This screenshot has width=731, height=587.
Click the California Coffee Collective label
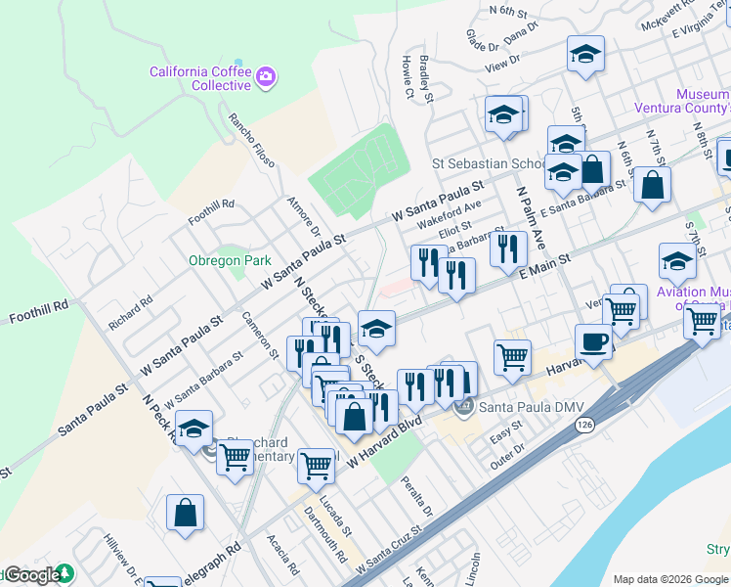[x=200, y=78]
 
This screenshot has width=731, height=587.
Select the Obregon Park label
[x=230, y=261]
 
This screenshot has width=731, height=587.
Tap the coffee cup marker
[x=593, y=342]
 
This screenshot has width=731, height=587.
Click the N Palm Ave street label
[x=534, y=216]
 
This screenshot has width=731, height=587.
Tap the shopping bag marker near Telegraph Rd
[x=185, y=513]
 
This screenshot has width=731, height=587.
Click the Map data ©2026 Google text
[x=670, y=579]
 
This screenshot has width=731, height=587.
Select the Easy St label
[x=506, y=433]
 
